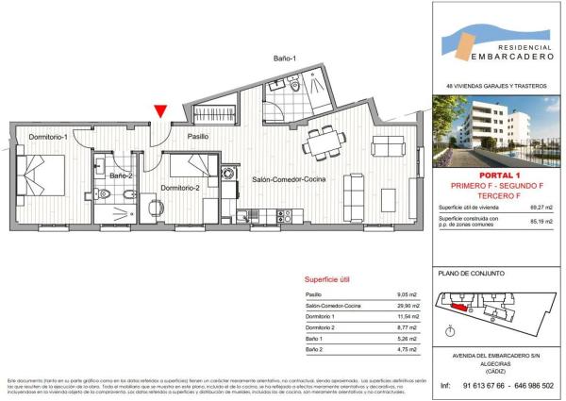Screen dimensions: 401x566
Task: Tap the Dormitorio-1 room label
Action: [x=46, y=139]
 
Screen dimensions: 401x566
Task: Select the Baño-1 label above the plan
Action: [x=284, y=59]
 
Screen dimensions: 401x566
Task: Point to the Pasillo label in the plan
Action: [x=197, y=138]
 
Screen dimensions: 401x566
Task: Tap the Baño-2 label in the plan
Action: [x=121, y=176]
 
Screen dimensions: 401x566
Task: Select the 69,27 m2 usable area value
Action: [x=541, y=207]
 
